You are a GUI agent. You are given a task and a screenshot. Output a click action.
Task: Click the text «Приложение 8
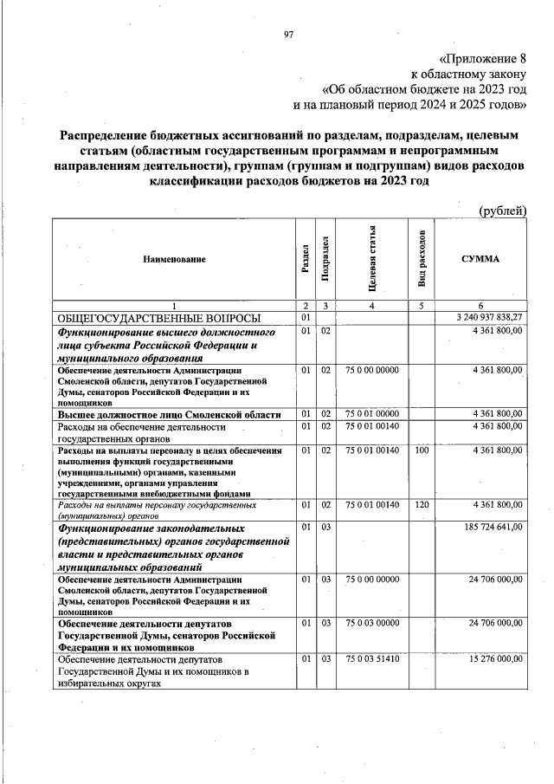[483, 60]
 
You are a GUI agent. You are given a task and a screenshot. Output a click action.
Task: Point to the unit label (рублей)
[502, 211]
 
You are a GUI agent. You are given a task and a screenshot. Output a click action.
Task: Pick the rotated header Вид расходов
[422, 259]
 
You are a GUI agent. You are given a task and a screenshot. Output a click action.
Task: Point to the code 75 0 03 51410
[371, 658]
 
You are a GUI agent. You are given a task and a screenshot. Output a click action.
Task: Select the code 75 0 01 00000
[371, 412]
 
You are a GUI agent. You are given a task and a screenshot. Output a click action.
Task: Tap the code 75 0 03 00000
[371, 622]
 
